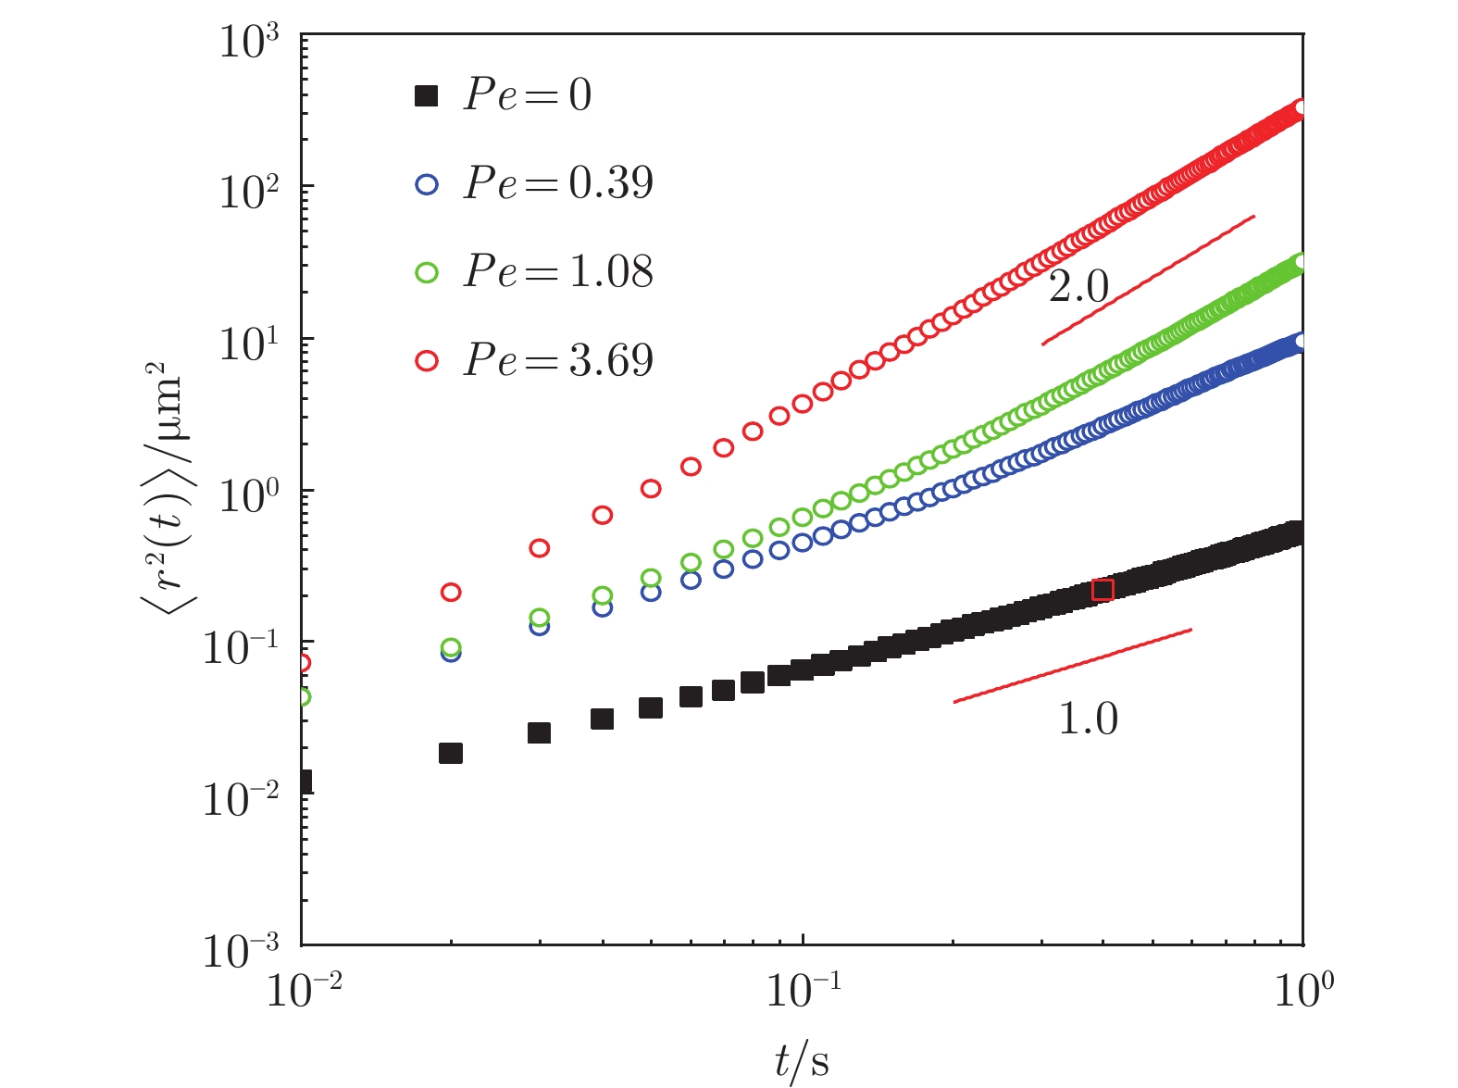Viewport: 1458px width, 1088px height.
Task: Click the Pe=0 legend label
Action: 528,94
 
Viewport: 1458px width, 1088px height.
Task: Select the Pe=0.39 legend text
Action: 559,182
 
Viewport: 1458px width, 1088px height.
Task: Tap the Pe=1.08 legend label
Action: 559,271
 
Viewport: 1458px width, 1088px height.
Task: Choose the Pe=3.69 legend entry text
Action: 559,359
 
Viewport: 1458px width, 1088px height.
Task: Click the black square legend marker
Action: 426,95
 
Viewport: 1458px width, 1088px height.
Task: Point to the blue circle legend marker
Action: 426,184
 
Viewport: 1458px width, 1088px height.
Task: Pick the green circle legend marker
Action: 426,273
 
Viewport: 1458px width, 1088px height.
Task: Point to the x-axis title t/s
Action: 802,1061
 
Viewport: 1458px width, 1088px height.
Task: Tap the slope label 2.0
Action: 1078,288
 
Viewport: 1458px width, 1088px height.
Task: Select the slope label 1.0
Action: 1088,719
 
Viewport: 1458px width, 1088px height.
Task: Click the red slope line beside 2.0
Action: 1148,281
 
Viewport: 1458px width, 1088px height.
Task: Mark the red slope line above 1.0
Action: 1072,666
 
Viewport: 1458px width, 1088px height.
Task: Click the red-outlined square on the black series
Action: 1103,590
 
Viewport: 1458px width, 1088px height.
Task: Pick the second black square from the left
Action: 451,753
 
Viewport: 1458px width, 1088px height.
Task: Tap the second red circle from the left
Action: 451,592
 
